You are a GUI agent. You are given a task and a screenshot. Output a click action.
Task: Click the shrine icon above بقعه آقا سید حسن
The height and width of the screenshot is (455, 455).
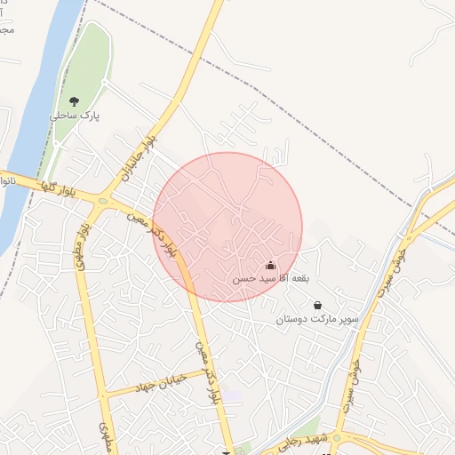click(x=270, y=266)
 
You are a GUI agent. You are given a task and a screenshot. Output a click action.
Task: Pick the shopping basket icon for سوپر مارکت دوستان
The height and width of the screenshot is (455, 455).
click(x=317, y=305)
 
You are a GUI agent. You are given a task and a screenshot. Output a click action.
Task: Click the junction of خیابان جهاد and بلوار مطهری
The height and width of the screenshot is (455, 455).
click(x=104, y=392)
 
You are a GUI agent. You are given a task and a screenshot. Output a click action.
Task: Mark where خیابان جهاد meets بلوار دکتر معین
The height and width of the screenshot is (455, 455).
click(x=207, y=370)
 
